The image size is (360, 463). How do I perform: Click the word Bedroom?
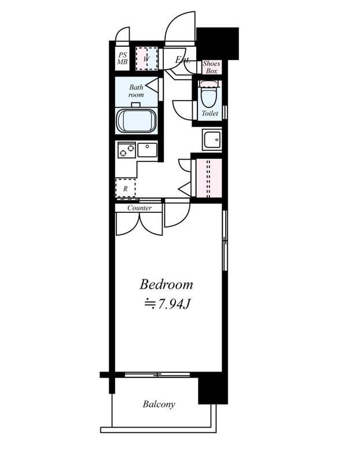166,284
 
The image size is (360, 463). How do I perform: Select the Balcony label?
159,404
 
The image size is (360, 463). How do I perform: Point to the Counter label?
139,208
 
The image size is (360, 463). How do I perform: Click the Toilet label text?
210,113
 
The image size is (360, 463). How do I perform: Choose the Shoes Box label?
211,67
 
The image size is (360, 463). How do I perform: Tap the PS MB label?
122,58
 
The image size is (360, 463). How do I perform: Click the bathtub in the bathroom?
137,121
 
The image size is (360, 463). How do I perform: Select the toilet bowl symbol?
210,94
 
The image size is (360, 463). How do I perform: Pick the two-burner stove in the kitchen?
127,150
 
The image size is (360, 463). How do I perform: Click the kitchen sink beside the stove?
148,150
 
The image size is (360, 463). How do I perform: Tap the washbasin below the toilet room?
212,139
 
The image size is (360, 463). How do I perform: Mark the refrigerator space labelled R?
125,188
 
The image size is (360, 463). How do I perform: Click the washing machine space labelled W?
146,58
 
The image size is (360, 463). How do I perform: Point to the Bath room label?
136,91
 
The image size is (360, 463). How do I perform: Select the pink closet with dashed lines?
209,178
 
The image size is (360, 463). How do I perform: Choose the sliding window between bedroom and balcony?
157,374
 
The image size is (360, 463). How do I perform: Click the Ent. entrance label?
182,60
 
